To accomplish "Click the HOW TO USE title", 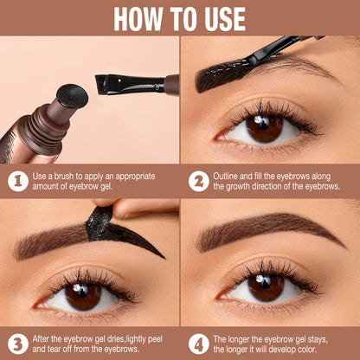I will pyautogui.click(x=179, y=17).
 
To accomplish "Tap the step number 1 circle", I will pyautogui.click(x=16, y=181).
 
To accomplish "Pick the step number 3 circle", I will pyautogui.click(x=16, y=342).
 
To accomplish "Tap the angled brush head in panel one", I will pyautogui.click(x=111, y=84).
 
